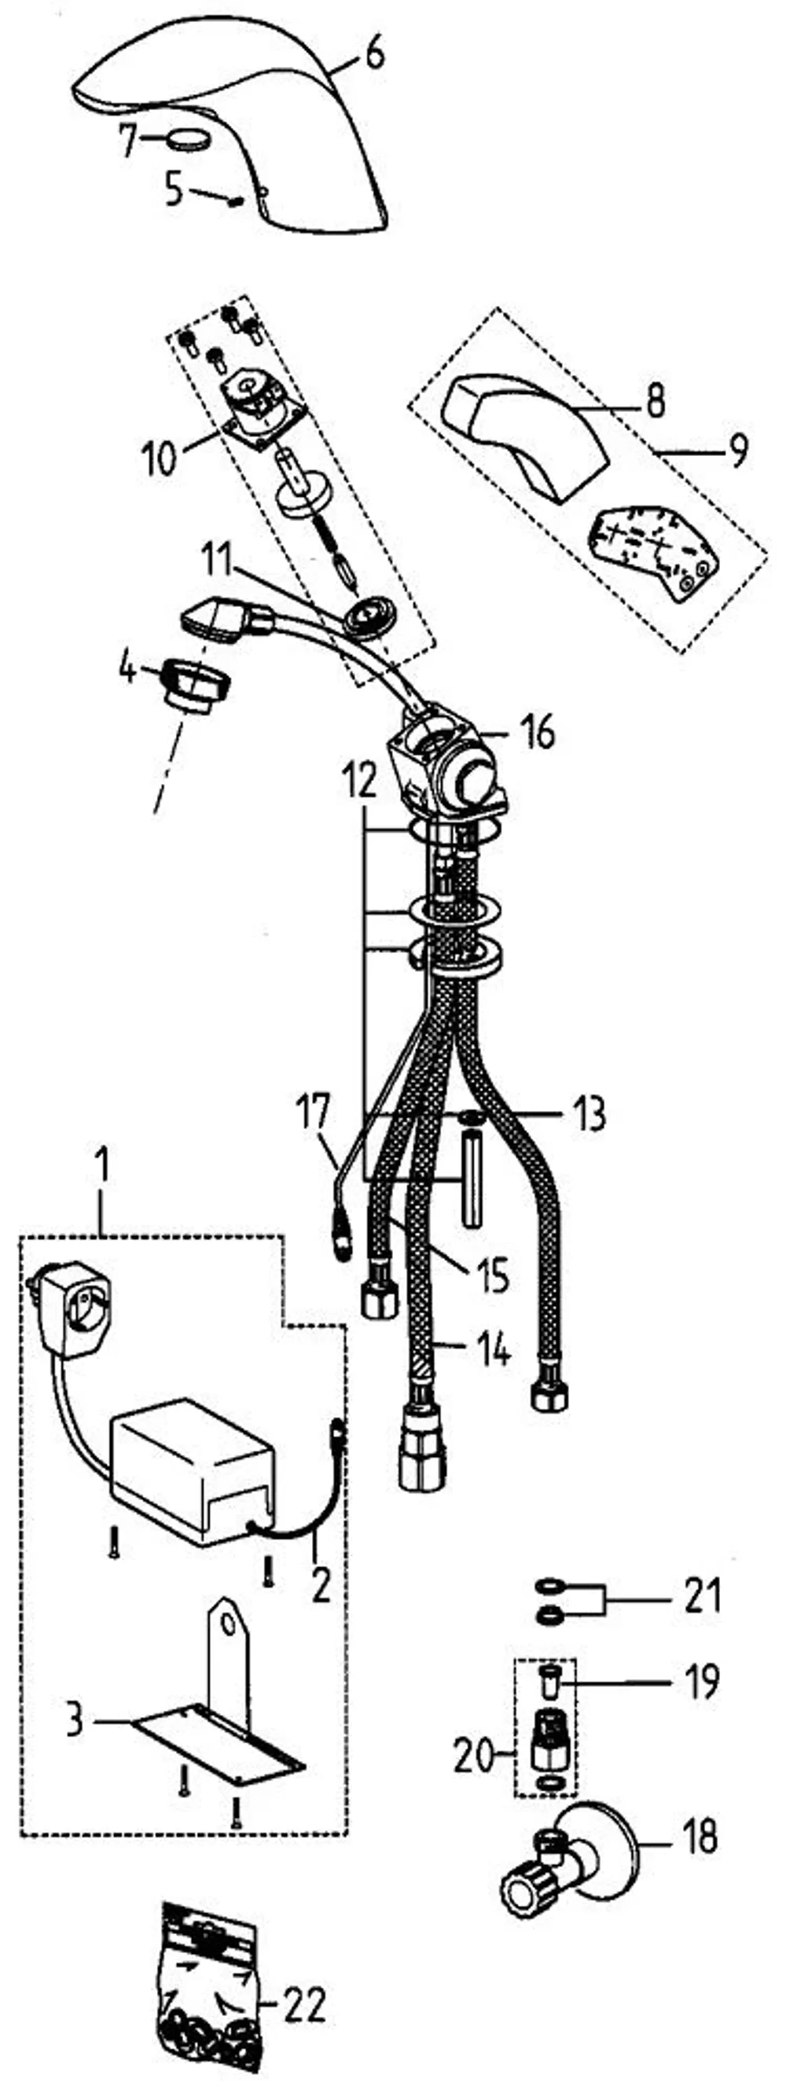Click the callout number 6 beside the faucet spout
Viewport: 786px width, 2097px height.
click(374, 56)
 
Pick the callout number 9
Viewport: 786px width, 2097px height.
click(738, 451)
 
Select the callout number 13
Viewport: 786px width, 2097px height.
click(588, 1114)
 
